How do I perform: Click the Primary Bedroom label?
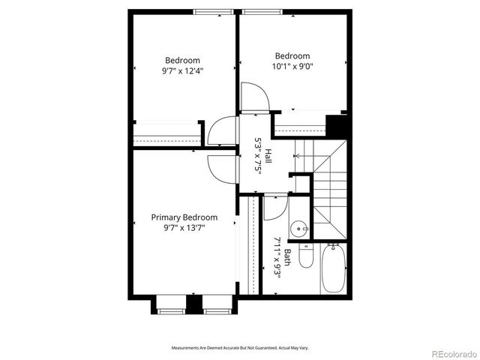tap(184, 217)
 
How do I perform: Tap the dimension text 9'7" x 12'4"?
tap(183, 71)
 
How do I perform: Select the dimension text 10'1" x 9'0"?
tap(292, 66)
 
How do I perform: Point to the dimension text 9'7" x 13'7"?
tap(184, 227)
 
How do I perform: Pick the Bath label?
tap(286, 257)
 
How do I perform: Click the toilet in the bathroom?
tap(305, 257)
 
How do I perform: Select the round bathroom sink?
tap(301, 227)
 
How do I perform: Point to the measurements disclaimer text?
tap(240, 348)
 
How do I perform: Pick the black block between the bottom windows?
tap(194, 305)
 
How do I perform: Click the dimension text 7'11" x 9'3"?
tap(277, 257)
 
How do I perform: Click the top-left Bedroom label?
tap(183, 61)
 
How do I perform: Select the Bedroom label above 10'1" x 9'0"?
tap(292, 55)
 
